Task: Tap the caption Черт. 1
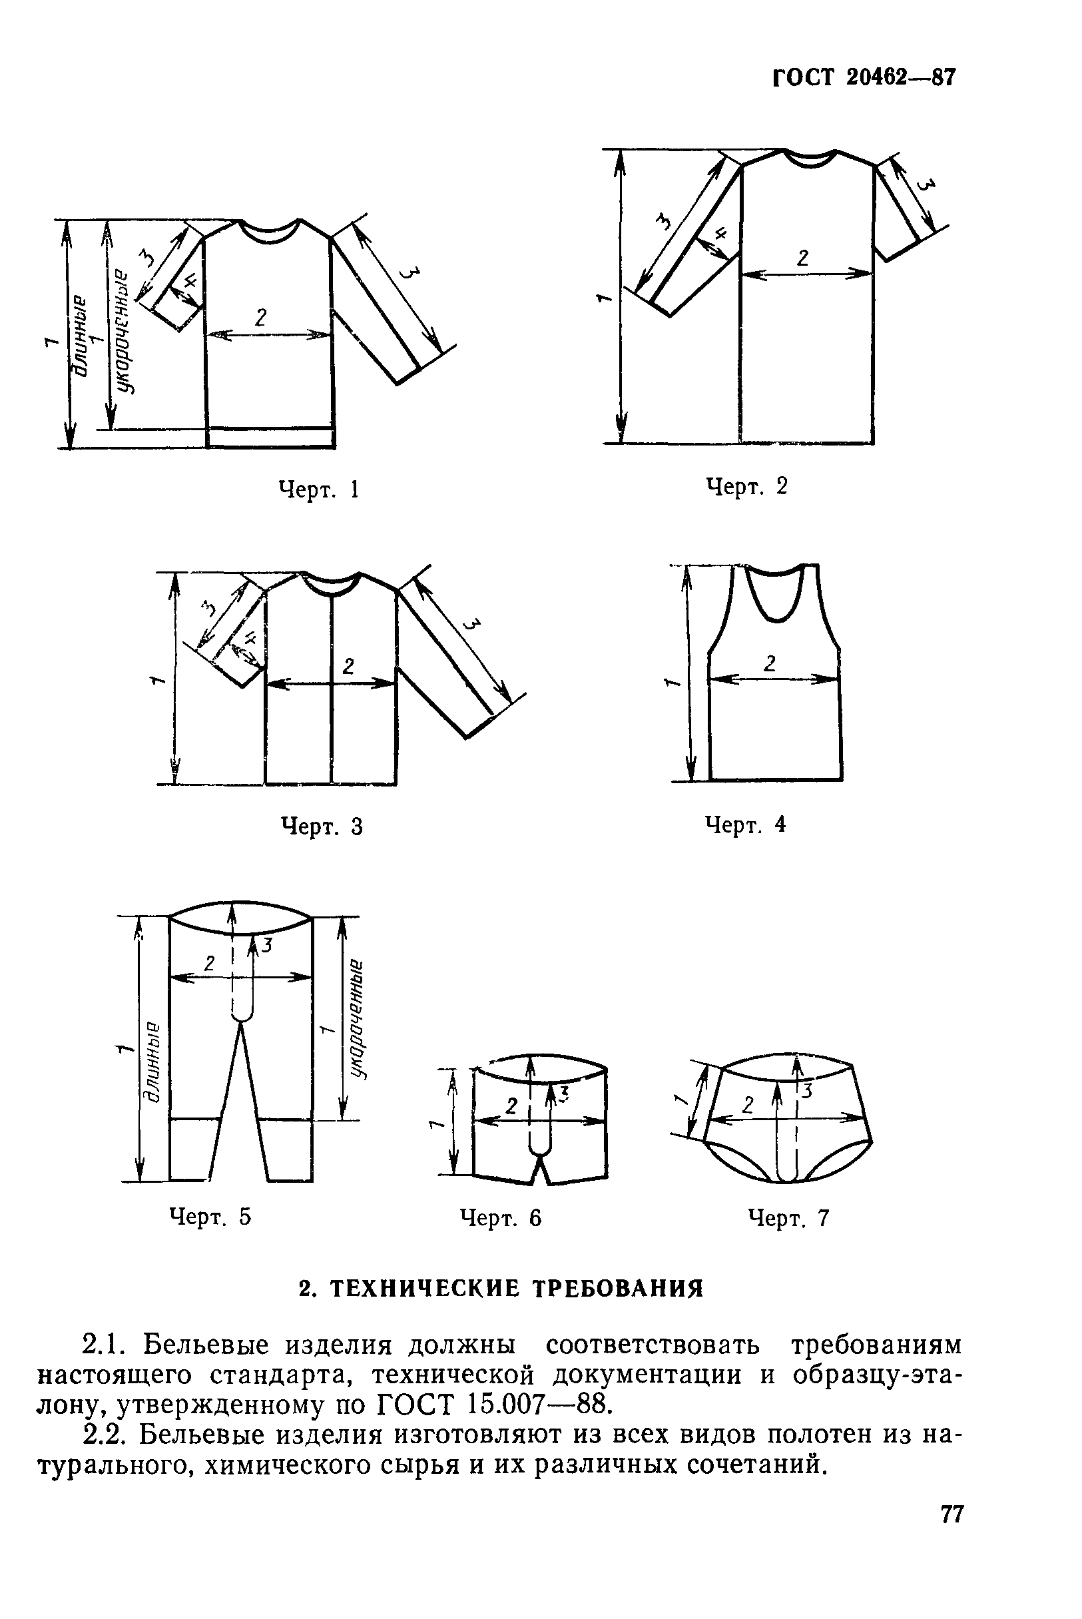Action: [319, 490]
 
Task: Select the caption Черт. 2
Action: [746, 487]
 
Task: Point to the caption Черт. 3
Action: [322, 826]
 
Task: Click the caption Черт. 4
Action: [745, 823]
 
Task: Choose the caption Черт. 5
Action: [210, 1217]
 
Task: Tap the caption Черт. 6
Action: [501, 1218]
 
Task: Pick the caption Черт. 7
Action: [789, 1218]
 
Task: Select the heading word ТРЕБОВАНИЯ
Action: [619, 1289]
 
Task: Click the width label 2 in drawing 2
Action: [802, 258]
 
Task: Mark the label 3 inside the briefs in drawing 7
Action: [806, 1090]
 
